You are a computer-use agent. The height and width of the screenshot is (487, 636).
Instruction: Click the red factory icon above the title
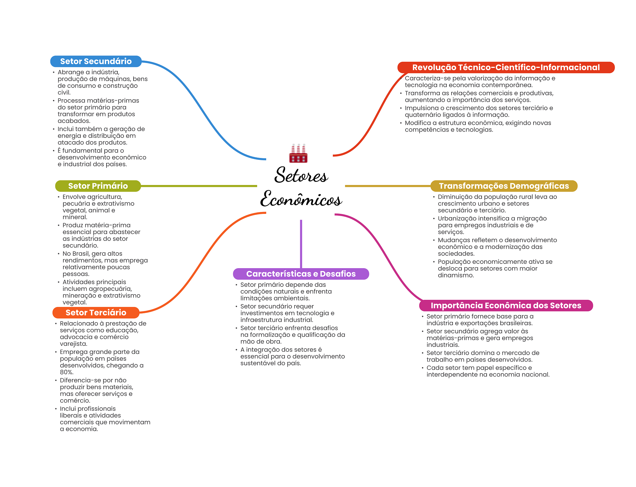(298, 153)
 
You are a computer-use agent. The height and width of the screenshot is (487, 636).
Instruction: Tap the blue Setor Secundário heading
(96, 61)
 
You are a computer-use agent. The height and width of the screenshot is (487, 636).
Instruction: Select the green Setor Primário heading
(98, 186)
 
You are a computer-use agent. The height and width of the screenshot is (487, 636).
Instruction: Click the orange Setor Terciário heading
(96, 313)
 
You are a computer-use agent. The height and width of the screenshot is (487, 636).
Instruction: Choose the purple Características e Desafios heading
(301, 274)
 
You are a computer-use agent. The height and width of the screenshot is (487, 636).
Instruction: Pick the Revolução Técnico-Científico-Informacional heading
(506, 67)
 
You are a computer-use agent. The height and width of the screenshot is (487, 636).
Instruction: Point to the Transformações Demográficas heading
(504, 186)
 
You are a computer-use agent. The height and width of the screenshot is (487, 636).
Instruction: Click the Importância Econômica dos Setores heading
(506, 305)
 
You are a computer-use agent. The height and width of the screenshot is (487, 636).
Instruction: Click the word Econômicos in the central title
(301, 199)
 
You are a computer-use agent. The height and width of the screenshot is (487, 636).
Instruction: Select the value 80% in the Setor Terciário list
(66, 372)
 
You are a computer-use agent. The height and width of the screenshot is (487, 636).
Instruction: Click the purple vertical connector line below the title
(301, 244)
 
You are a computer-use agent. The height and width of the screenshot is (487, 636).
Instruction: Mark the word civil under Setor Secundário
(64, 92)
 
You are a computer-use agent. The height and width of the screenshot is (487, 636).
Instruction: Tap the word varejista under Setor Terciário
(74, 344)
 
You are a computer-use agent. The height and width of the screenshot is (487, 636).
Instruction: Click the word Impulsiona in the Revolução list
(420, 108)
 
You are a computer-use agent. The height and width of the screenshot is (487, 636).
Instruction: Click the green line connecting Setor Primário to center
(199, 186)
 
